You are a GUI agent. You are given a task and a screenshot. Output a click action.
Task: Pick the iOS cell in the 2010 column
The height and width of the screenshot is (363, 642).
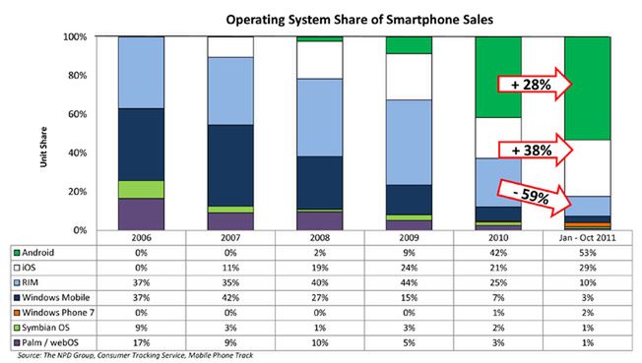[x=497, y=267]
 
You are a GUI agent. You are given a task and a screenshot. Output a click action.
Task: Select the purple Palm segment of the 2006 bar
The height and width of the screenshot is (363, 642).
[x=141, y=213]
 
